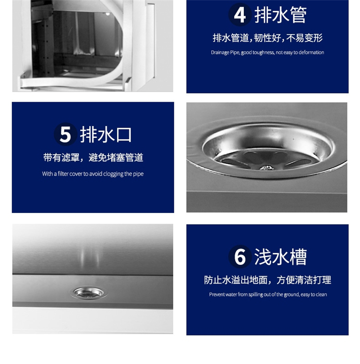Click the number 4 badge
click(x=240, y=14)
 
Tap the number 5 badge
click(x=65, y=134)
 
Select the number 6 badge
click(x=240, y=257)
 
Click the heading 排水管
click(x=280, y=15)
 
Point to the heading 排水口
click(x=106, y=134)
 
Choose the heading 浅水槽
click(x=280, y=257)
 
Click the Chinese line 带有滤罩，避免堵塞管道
click(x=93, y=158)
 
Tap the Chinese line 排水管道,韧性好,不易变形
click(x=267, y=38)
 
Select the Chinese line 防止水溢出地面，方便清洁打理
click(x=267, y=280)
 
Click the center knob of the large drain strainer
click(x=266, y=167)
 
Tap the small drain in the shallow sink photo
click(x=88, y=293)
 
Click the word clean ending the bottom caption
click(x=321, y=294)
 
